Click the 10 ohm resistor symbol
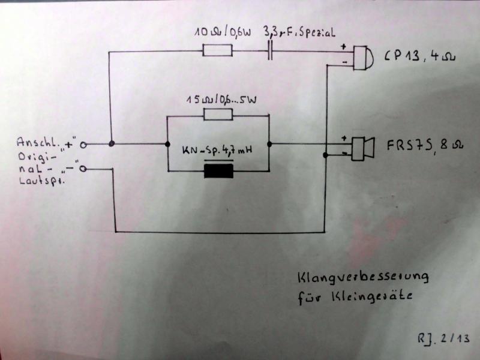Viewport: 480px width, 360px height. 217,51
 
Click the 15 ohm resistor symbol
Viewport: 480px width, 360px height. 218,115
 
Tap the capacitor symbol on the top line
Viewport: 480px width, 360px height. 271,51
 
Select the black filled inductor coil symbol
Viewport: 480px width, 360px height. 218,172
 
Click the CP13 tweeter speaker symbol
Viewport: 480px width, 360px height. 363,57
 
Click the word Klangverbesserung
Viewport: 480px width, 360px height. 362,277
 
